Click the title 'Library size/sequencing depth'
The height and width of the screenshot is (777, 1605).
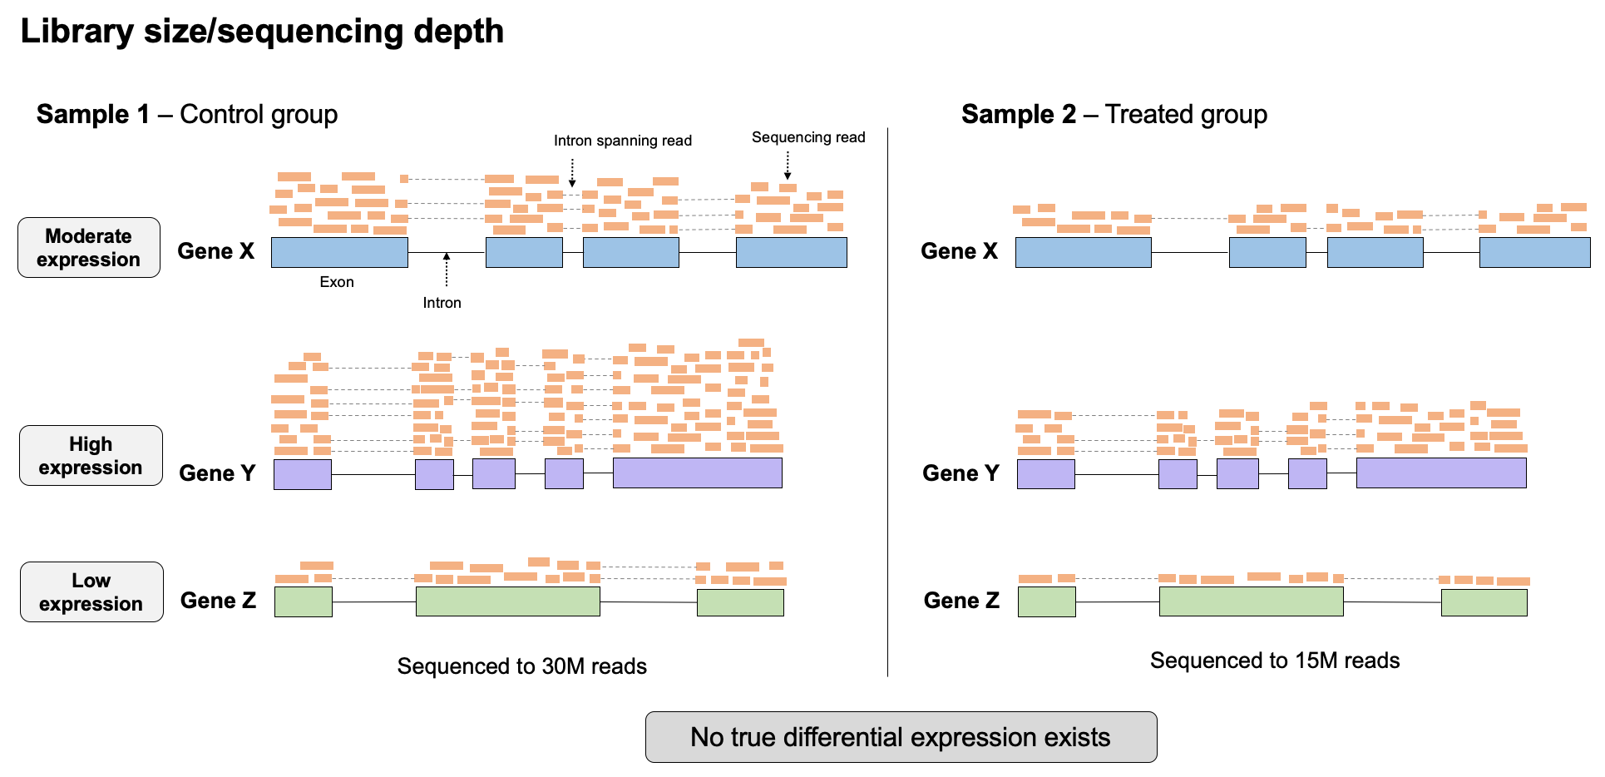pos(262,32)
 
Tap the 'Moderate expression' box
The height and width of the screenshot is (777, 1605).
pos(89,248)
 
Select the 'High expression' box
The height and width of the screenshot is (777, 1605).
pos(91,456)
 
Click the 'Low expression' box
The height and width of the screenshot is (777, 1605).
pos(91,592)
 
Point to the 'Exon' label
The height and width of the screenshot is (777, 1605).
pos(337,282)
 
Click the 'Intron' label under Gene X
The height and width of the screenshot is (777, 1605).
pos(442,303)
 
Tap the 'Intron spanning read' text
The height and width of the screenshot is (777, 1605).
pos(623,141)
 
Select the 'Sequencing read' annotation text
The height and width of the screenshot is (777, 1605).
pos(808,137)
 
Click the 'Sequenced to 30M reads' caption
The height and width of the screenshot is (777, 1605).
pos(521,666)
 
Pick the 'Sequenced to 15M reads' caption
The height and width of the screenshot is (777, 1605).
pos(1275,661)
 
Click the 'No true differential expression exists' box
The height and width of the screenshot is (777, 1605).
pos(901,737)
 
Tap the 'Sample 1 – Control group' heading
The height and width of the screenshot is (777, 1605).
pos(187,114)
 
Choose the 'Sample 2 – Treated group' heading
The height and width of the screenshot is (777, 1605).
pos(1114,114)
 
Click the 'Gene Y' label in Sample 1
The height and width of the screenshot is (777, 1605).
pos(217,473)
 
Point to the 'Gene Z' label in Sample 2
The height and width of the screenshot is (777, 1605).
pos(961,601)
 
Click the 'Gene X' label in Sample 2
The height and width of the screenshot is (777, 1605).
pos(959,251)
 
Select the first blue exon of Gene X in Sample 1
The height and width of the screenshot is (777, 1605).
pos(339,252)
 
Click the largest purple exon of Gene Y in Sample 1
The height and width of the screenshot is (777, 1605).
pos(697,473)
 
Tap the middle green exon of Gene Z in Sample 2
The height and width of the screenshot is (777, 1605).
pos(1251,601)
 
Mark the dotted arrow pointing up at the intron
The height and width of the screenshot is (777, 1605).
pos(447,269)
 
